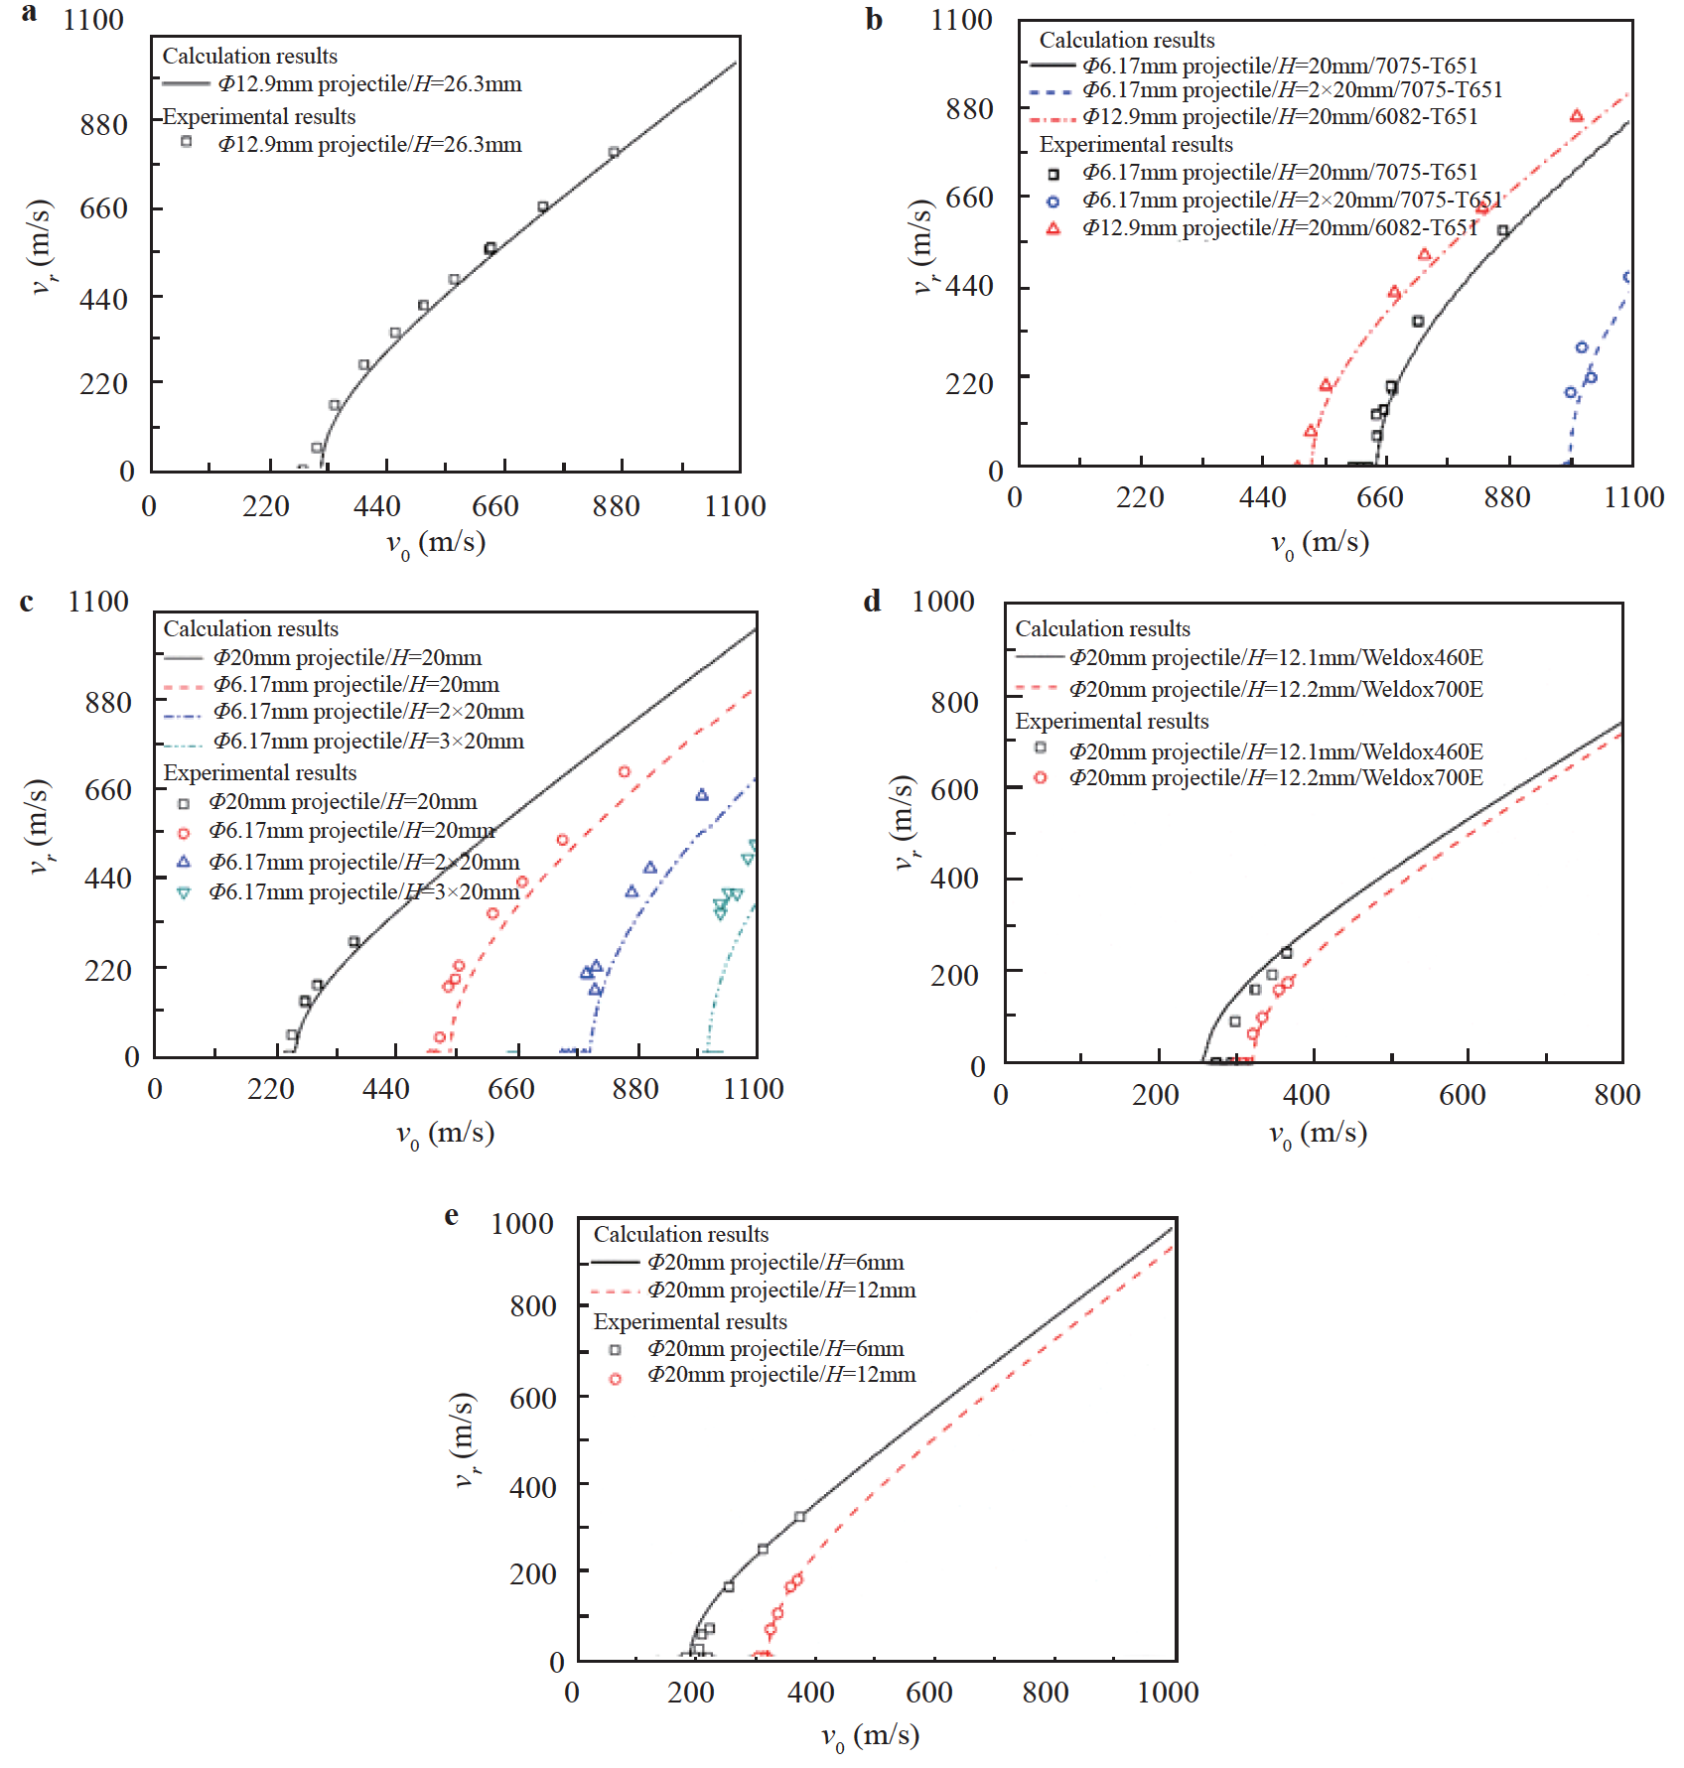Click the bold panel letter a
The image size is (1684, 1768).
(30, 14)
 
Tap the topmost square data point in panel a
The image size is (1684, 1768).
(614, 152)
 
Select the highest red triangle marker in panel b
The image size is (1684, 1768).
(1577, 116)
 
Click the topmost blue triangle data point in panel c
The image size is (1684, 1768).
(702, 794)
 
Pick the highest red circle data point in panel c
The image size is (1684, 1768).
(625, 771)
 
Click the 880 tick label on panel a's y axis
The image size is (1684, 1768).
(103, 125)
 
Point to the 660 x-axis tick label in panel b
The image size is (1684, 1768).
(1379, 497)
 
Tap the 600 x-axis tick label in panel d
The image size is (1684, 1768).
(1462, 1095)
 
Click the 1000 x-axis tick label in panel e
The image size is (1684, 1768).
(1168, 1693)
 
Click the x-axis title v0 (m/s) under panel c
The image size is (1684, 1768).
(445, 1134)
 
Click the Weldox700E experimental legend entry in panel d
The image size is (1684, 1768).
(1276, 777)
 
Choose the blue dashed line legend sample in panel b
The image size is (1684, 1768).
(1052, 91)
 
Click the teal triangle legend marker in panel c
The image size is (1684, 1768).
(184, 892)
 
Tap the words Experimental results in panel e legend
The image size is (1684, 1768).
(690, 1321)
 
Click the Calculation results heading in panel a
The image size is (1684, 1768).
(250, 56)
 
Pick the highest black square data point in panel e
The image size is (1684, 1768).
(799, 1517)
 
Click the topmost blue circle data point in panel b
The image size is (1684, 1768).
(1627, 278)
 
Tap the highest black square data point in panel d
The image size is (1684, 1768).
(1287, 953)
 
